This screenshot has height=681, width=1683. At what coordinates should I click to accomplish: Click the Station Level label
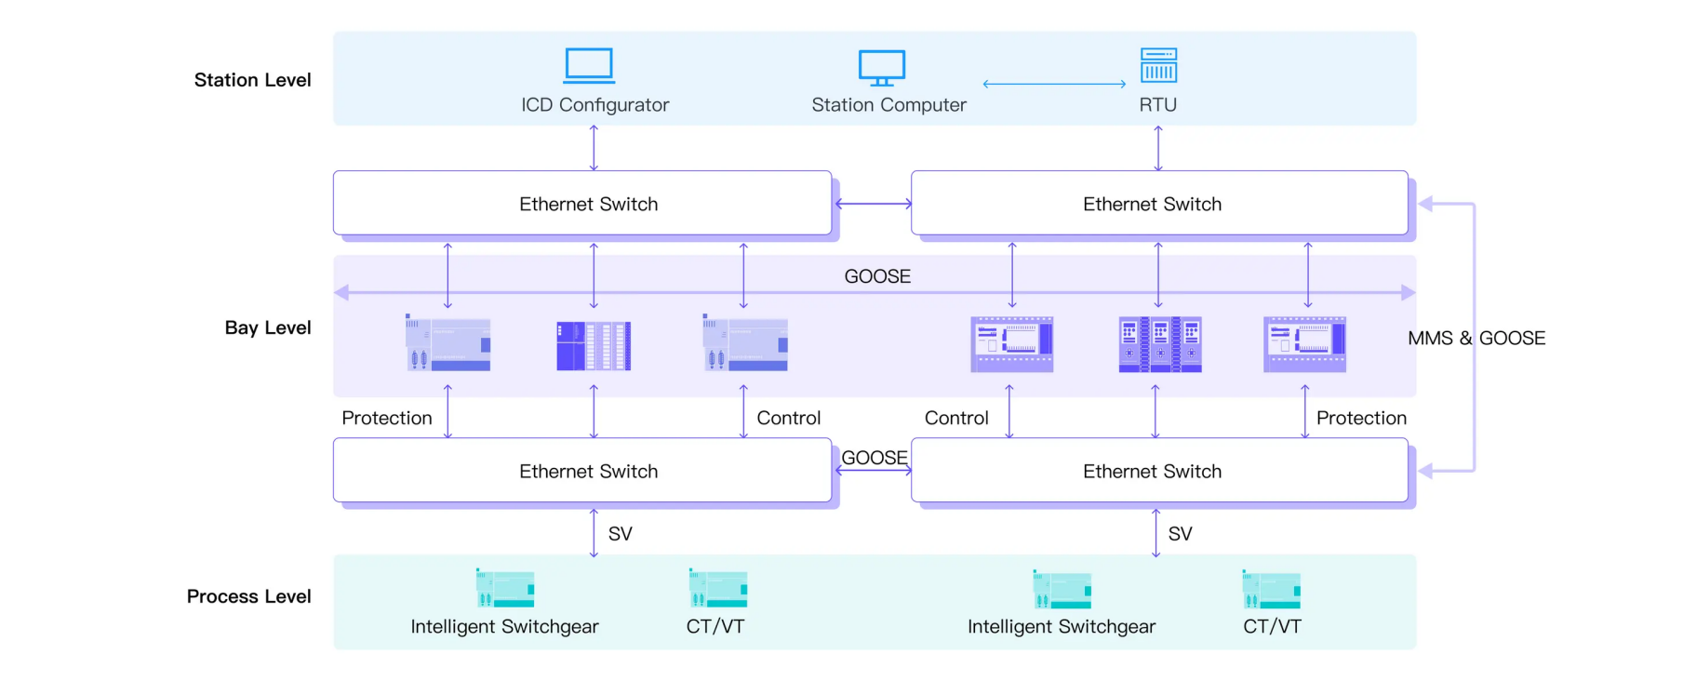pos(252,80)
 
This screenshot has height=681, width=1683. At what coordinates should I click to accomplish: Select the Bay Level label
pos(267,327)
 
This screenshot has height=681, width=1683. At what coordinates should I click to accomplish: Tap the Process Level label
pos(248,596)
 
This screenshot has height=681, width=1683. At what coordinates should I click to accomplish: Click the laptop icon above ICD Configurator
pos(589,66)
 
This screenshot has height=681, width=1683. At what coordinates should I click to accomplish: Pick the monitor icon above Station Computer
pos(881,68)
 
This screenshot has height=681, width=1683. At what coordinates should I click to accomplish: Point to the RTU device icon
pos(1158,65)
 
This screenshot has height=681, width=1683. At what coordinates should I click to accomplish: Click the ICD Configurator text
pos(594,105)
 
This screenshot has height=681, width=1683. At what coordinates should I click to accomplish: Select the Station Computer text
pos(888,105)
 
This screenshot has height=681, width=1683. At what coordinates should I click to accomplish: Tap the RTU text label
pos(1157,105)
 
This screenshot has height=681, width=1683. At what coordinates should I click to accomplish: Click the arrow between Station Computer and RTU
pos(1054,84)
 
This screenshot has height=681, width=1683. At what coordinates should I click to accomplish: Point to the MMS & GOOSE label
pos(1476,339)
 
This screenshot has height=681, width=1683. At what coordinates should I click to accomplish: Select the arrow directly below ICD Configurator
pos(594,148)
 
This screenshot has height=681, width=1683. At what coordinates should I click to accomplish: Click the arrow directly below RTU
pos(1158,148)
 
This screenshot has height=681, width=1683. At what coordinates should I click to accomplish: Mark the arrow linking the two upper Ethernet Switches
pos(873,204)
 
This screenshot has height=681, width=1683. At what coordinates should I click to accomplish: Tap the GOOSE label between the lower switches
pos(874,458)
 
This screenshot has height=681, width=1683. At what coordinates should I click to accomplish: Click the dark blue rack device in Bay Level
pos(594,346)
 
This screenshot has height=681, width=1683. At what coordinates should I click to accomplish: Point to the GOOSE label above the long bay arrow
pos(877,276)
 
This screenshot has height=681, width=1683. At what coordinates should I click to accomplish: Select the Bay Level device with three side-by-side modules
pos(1159,344)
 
